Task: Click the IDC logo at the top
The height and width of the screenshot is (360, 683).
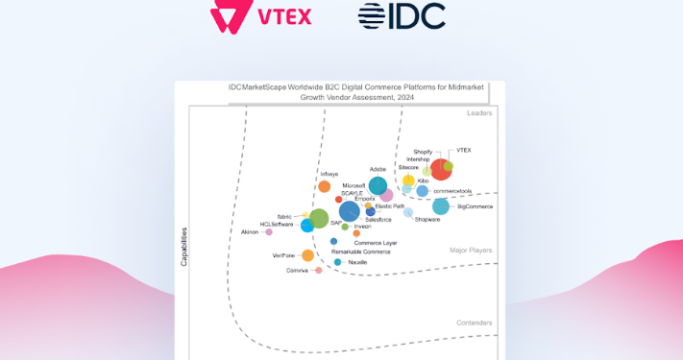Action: [402, 17]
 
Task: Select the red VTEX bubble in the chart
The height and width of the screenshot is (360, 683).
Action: [441, 170]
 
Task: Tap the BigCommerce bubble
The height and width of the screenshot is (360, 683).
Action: [441, 206]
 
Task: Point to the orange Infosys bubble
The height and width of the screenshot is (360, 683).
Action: [325, 186]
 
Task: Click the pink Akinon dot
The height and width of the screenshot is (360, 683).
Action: [269, 231]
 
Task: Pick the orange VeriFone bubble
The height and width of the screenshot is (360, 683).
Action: [307, 255]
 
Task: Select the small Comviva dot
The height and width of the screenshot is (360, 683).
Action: [319, 270]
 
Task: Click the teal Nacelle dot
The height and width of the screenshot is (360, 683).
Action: [337, 262]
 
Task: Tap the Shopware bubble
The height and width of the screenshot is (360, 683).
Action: [408, 212]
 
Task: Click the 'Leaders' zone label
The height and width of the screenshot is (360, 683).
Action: [479, 113]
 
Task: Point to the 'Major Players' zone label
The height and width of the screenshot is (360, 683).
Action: [471, 251]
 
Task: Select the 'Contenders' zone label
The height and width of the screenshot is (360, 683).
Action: [474, 323]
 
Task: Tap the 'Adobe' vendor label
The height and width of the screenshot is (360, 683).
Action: [378, 170]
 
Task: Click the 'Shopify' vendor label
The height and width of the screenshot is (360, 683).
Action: [423, 152]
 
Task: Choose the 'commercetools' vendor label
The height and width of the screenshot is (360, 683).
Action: [451, 190]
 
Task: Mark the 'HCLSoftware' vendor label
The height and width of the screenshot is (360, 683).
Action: [277, 225]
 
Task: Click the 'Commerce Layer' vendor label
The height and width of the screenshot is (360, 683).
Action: [376, 243]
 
